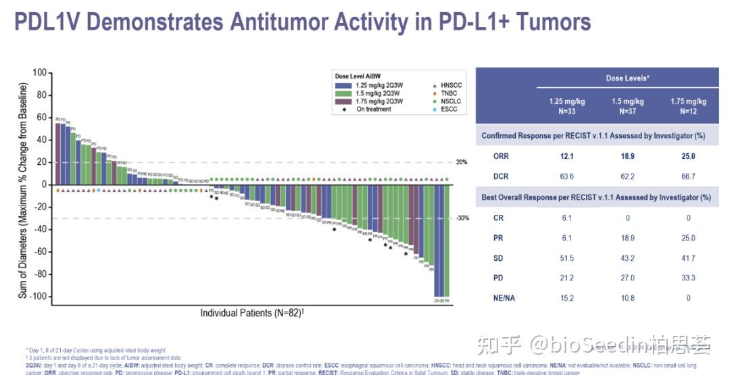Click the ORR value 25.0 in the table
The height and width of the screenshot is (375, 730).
pos(688,156)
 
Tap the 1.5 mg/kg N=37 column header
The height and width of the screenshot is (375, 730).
pos(627,106)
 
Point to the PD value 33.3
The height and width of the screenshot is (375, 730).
pos(688,278)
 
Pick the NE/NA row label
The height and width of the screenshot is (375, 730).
pos(504,298)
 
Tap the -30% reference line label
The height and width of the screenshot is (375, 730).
pos(462,218)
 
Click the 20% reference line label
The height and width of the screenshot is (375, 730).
pos(462,162)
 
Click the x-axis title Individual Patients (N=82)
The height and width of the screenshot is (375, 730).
pos(251,314)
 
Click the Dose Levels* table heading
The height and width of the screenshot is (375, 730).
pos(627,78)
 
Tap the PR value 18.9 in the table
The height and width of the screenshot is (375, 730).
pos(627,238)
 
